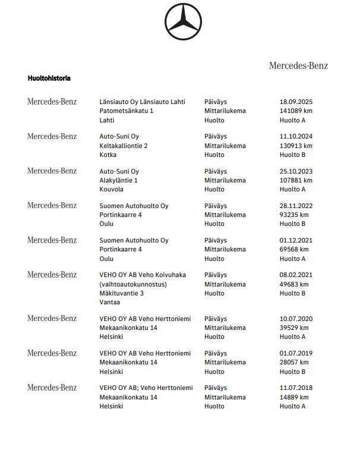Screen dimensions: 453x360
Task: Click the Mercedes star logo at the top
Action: click(x=183, y=23)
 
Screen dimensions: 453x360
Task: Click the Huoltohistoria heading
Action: click(x=49, y=78)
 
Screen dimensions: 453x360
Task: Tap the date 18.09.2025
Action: click(x=296, y=102)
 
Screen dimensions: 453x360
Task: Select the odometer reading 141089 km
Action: click(x=296, y=111)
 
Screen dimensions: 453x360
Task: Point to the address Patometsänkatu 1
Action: click(x=127, y=111)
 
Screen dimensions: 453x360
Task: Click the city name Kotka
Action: click(x=108, y=155)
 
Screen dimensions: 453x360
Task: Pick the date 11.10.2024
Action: click(x=296, y=136)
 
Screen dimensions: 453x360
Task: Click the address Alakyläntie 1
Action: click(x=119, y=180)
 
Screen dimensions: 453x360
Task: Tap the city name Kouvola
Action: click(x=111, y=189)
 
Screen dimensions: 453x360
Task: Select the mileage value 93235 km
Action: click(x=294, y=215)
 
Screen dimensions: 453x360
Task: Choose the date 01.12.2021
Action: click(x=296, y=240)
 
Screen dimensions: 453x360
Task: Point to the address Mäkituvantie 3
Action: click(x=122, y=293)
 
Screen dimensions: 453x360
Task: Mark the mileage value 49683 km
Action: click(x=294, y=284)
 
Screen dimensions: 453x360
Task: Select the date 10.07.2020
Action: click(x=296, y=319)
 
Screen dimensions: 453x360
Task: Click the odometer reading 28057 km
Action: click(x=294, y=362)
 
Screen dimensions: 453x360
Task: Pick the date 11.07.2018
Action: click(x=296, y=388)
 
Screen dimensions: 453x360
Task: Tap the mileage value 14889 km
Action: click(x=294, y=397)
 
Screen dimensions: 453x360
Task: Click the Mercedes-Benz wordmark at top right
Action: click(x=298, y=65)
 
